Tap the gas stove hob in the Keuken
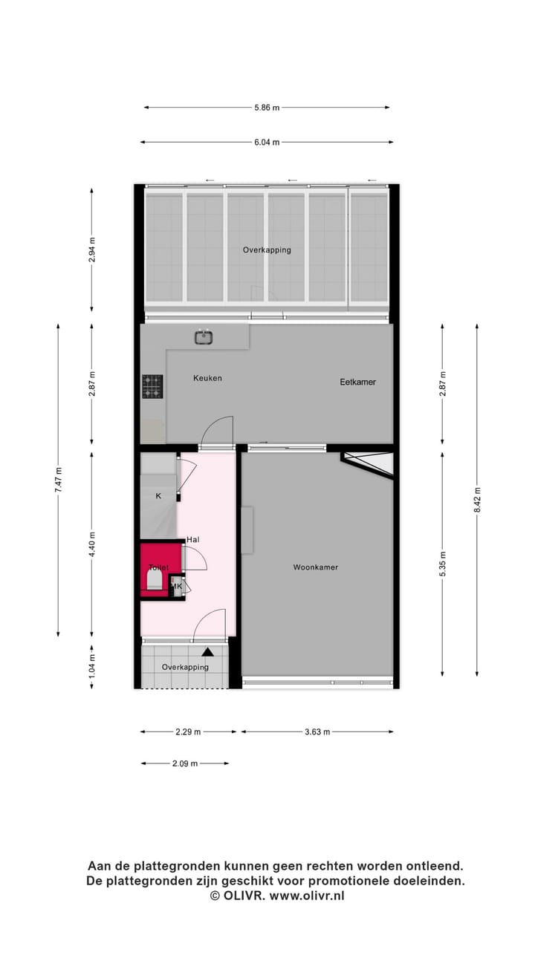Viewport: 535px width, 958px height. [x=152, y=385]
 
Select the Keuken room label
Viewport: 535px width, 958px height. [x=207, y=378]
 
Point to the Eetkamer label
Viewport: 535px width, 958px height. [x=357, y=382]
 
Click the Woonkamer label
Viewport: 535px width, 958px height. [x=315, y=567]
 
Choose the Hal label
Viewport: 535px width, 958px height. [x=193, y=540]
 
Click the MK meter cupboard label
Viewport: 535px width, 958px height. [x=177, y=587]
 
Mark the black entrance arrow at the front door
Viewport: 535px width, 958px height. [x=208, y=652]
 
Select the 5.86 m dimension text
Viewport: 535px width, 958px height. [x=267, y=108]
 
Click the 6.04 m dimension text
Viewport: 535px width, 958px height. [x=267, y=143]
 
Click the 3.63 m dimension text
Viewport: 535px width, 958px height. [x=317, y=731]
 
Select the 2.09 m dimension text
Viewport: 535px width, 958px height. [x=185, y=763]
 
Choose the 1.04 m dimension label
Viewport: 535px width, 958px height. [x=91, y=662]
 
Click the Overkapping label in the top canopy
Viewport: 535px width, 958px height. [x=267, y=250]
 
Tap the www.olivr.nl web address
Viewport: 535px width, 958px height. [x=307, y=896]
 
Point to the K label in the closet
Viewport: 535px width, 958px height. [x=158, y=495]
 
